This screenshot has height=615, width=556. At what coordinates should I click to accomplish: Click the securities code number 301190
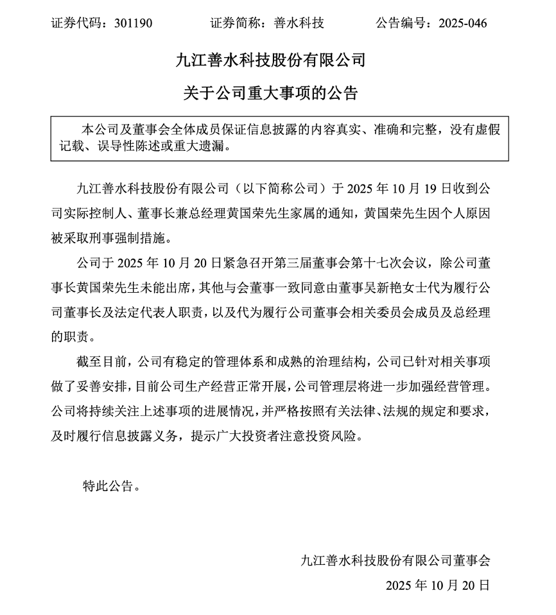tap(133, 24)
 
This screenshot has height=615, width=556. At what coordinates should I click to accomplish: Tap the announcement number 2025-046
tap(462, 24)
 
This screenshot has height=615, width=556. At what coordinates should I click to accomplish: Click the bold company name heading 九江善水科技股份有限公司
tap(270, 61)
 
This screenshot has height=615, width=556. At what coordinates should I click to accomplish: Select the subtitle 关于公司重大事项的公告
tap(270, 94)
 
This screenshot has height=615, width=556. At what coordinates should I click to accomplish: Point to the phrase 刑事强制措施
tap(133, 239)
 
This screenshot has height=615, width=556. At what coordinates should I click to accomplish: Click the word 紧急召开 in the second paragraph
tap(245, 264)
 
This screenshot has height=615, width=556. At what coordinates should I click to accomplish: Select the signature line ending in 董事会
tap(395, 560)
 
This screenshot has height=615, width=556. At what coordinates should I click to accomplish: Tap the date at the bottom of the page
tap(438, 585)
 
